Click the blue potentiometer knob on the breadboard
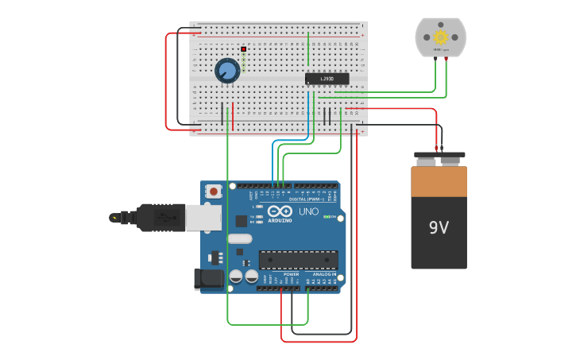point(227,71)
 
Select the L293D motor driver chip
point(327,79)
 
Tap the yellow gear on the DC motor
point(440,37)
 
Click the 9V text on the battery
point(439,228)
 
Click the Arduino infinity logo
point(280,212)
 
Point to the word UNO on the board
point(308,211)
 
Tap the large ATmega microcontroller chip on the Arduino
point(298,260)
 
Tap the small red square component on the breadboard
point(243,50)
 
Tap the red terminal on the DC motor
point(446,57)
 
